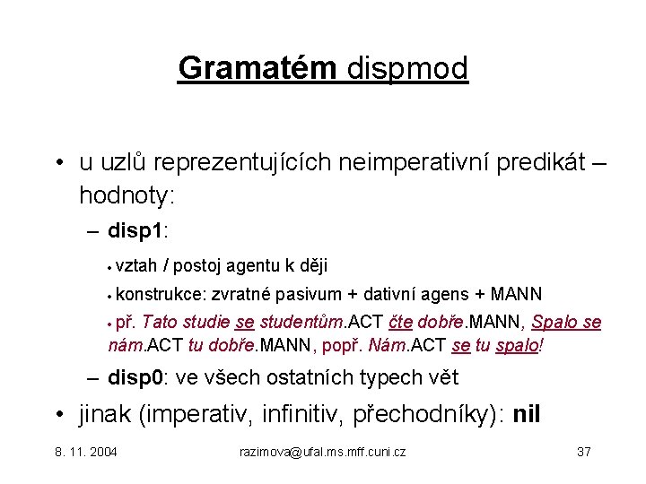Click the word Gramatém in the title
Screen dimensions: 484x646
click(x=258, y=68)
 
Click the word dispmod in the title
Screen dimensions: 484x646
click(x=406, y=68)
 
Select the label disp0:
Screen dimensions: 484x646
click(x=137, y=378)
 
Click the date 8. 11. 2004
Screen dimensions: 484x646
click(x=86, y=452)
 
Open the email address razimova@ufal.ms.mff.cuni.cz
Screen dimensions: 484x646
click(x=323, y=452)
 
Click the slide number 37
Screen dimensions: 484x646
click(x=583, y=452)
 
